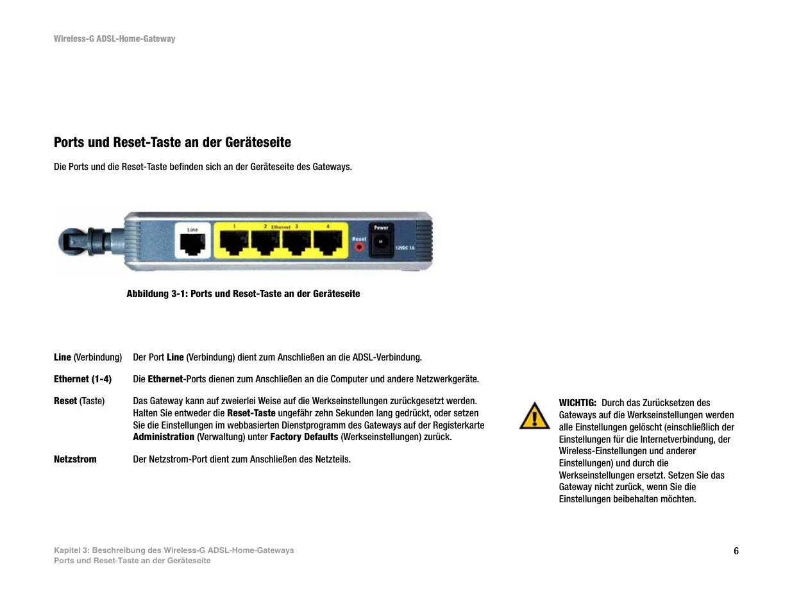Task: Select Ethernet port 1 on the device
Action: pos(235,243)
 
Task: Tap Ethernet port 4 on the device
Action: pos(328,243)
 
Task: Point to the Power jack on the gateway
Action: pos(381,241)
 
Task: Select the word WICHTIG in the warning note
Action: pos(577,403)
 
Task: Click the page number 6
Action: pos(736,551)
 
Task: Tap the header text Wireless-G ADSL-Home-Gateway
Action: pos(114,39)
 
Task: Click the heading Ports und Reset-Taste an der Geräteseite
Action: pos(172,142)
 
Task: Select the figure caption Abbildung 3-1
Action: pos(243,294)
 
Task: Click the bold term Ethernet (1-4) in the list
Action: pos(82,379)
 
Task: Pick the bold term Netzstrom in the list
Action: pos(75,459)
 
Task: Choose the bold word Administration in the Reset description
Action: pos(164,437)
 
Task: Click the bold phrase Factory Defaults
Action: pos(304,437)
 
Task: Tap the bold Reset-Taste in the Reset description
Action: pos(251,413)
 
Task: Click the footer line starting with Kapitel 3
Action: pos(173,550)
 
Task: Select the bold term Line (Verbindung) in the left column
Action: pos(87,357)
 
